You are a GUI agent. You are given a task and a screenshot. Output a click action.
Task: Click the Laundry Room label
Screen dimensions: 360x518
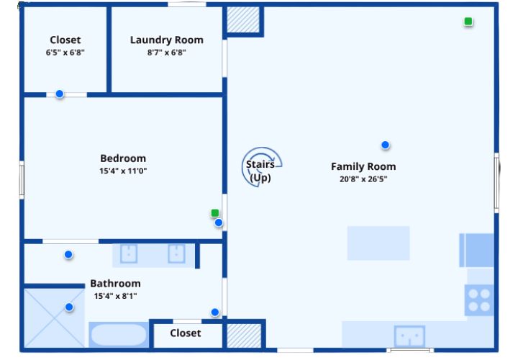(166, 40)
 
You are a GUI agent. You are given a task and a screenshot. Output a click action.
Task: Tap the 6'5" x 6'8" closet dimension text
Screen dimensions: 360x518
(65, 53)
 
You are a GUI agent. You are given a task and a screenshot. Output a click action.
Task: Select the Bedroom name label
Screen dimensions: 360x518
(123, 158)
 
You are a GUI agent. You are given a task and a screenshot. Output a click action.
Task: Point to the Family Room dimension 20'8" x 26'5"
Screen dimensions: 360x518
(363, 179)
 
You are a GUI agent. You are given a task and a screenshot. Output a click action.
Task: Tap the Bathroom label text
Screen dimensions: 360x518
(115, 284)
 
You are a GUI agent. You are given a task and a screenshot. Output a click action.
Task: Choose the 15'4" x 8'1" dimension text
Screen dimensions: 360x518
(115, 296)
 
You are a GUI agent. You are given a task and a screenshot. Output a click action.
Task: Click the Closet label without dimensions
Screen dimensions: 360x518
(186, 333)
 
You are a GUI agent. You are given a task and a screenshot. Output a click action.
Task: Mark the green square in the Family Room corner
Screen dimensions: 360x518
(468, 22)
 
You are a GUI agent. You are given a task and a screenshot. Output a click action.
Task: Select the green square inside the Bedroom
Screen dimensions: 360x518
(214, 213)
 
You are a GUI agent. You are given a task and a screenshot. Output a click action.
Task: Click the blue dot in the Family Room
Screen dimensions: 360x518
(385, 145)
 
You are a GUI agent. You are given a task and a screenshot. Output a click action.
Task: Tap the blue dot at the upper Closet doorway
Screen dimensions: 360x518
(60, 94)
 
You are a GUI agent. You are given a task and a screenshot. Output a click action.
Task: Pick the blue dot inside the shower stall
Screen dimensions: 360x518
(69, 307)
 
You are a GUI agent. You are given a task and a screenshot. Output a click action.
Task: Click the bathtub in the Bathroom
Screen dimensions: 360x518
(119, 336)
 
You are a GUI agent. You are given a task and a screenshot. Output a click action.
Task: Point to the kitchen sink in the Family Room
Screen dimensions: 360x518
(409, 336)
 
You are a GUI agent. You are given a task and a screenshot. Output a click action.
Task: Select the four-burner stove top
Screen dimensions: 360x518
(479, 300)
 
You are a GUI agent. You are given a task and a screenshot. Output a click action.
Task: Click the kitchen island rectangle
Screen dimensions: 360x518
(378, 243)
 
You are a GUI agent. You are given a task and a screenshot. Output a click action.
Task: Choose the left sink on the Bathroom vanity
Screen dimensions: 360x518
(129, 254)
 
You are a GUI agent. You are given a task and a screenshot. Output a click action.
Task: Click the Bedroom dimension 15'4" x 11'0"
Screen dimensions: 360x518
(123, 171)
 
